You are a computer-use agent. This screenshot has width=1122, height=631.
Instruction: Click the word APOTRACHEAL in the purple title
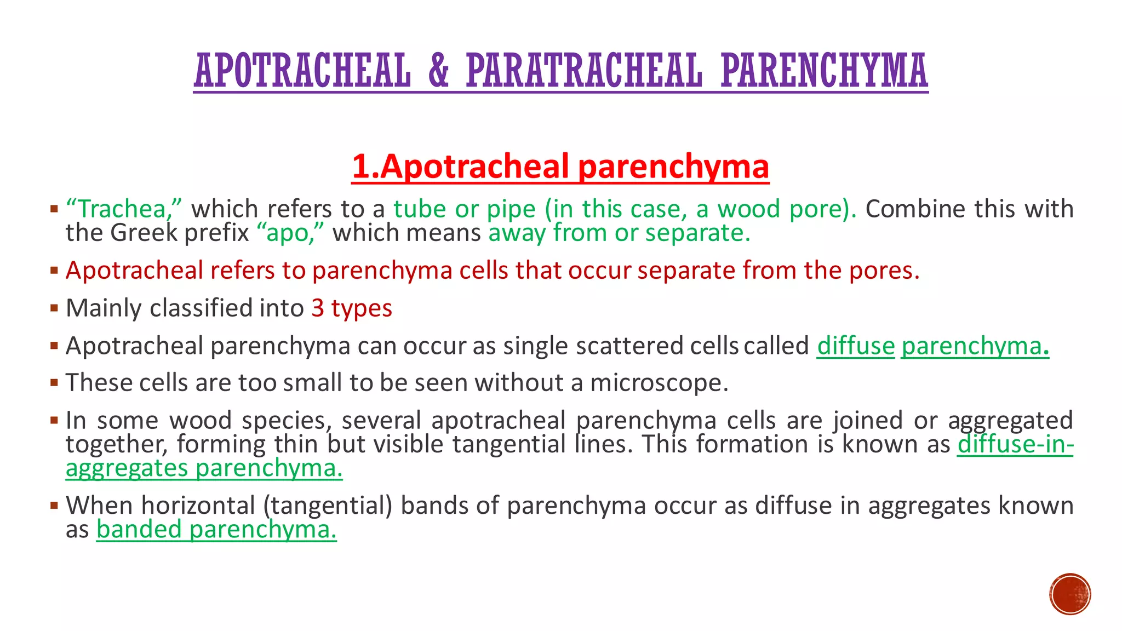[302, 71]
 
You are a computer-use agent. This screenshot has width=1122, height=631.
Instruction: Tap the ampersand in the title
[438, 71]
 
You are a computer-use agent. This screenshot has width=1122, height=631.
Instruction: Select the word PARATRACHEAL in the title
[584, 71]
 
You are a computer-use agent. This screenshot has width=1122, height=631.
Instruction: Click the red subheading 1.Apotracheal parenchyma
[560, 167]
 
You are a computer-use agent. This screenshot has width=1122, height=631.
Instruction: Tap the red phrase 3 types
[352, 308]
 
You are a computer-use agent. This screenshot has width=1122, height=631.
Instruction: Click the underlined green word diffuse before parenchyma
[855, 346]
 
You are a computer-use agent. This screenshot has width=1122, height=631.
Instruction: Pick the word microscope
[659, 383]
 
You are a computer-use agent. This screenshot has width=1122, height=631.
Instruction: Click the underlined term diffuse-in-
[1015, 444]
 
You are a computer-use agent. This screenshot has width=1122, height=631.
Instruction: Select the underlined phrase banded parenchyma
[216, 530]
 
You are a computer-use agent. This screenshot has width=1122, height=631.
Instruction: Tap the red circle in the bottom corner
[1070, 594]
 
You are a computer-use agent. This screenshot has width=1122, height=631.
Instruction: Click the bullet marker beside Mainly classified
[54, 308]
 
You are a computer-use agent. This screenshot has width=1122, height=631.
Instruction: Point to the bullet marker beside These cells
[54, 383]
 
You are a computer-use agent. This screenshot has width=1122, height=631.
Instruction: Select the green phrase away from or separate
[619, 233]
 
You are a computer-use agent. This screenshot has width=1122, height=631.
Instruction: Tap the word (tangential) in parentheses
[328, 506]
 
